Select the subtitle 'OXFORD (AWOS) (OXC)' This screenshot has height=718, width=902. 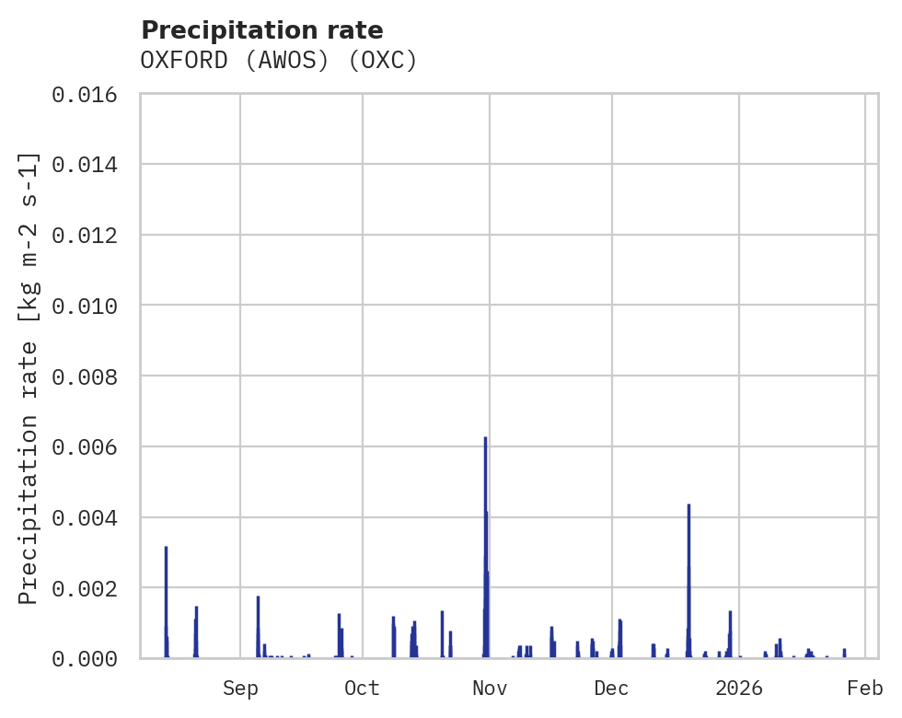click(x=279, y=61)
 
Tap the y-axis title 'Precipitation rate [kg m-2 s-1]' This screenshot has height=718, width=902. click(x=29, y=377)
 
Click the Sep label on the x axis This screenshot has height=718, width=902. click(x=240, y=689)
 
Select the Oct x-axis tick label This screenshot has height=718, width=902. click(x=363, y=689)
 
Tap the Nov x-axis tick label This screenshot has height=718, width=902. click(x=489, y=689)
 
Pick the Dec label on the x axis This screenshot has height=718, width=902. click(x=611, y=689)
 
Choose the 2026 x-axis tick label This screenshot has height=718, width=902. click(x=739, y=689)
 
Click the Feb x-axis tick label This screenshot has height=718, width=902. click(x=865, y=689)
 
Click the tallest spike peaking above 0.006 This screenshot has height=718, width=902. click(x=485, y=442)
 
